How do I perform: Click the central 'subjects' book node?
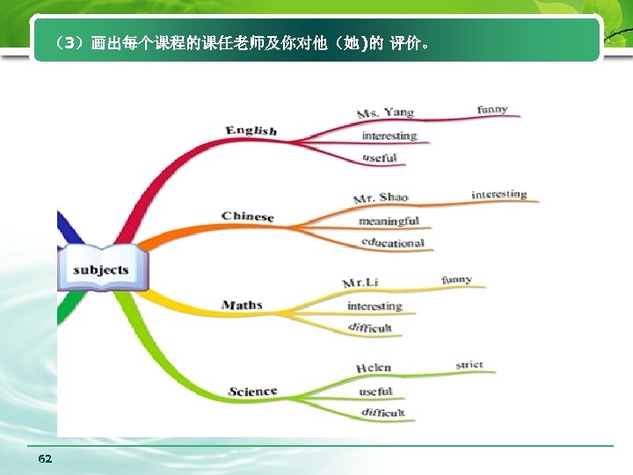tap(101, 269)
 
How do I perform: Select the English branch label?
tap(251, 130)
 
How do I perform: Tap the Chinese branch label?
tap(248, 216)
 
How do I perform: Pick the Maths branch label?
tap(242, 305)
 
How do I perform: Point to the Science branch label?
tap(252, 391)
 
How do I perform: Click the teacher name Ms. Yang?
tap(385, 113)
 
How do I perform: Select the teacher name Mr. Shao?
tap(381, 198)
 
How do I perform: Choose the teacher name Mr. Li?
tap(360, 282)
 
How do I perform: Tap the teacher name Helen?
tap(374, 368)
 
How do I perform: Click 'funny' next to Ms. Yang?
tap(492, 110)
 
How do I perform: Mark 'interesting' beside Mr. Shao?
tap(499, 194)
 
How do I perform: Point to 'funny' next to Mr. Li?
tap(456, 280)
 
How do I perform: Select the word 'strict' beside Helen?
tap(469, 365)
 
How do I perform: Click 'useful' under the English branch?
tap(380, 158)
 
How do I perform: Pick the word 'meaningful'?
tap(389, 221)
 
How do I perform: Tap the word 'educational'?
tap(392, 243)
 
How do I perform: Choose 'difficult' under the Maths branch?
tap(370, 327)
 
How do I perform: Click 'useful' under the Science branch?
tap(375, 391)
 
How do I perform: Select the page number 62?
tap(46, 459)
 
